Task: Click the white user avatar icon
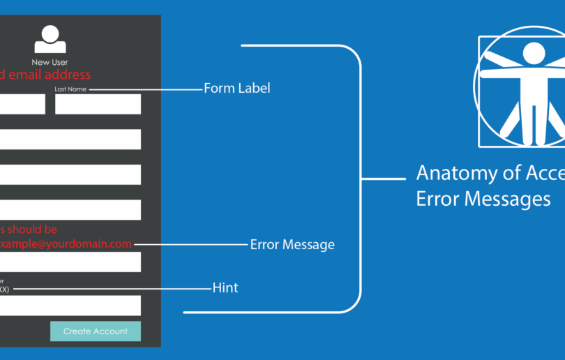tap(50, 39)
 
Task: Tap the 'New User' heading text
tap(50, 63)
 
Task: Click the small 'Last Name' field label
tap(71, 89)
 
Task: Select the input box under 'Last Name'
tap(98, 104)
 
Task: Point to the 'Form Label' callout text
tap(236, 89)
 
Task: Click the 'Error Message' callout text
tap(292, 245)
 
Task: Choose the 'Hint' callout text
tap(225, 287)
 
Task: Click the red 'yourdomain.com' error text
tap(91, 243)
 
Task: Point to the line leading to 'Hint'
tap(112, 288)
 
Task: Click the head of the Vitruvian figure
tap(534, 52)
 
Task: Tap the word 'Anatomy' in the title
tap(457, 172)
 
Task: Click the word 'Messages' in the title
tap(502, 199)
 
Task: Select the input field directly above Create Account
tap(70, 306)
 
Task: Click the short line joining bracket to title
tap(383, 179)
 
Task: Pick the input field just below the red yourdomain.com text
tap(70, 262)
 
